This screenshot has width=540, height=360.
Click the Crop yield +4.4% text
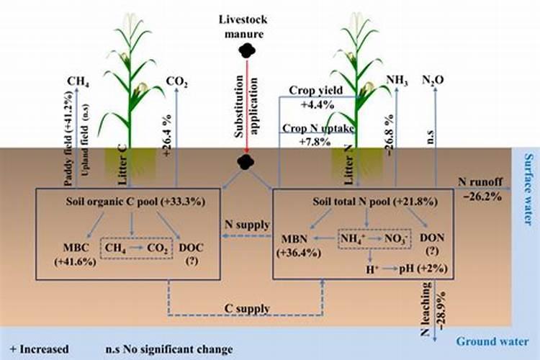(x=312, y=96)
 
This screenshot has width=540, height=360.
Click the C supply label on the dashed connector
(x=246, y=309)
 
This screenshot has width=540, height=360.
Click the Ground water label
(x=498, y=341)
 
